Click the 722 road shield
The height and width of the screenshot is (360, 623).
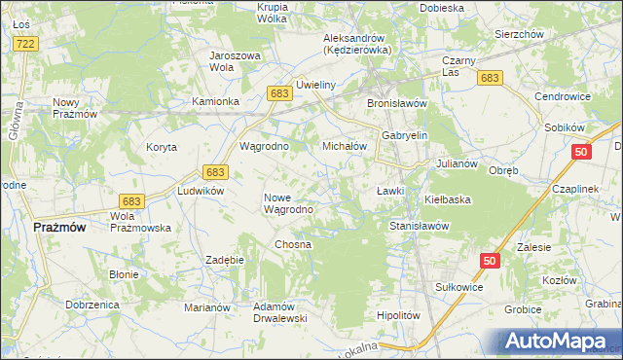click(26, 45)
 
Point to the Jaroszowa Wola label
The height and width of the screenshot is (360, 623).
click(236, 61)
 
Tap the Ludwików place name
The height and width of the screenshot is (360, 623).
click(201, 191)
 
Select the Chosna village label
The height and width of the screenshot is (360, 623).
click(293, 244)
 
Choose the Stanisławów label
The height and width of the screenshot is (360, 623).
click(418, 225)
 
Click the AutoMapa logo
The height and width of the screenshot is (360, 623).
click(560, 342)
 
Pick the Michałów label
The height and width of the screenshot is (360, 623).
click(344, 146)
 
